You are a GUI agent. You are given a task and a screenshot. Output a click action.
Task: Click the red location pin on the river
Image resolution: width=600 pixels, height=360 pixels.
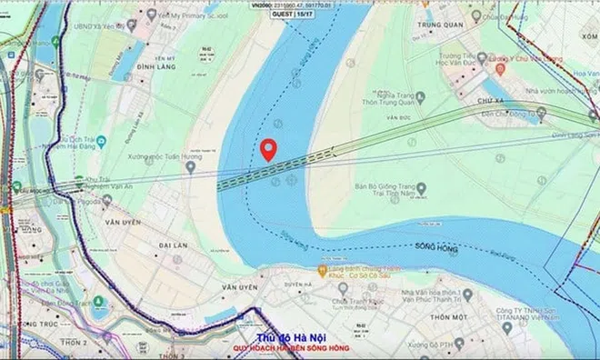(x=268, y=149)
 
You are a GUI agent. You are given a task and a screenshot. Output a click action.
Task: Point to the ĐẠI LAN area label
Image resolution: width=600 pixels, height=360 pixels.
(x=145, y=245)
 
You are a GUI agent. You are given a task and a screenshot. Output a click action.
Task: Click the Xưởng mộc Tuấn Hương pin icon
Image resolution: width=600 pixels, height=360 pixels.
(x=191, y=166)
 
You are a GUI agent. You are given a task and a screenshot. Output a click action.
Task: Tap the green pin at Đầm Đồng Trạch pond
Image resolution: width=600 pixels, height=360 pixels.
(x=99, y=299)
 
